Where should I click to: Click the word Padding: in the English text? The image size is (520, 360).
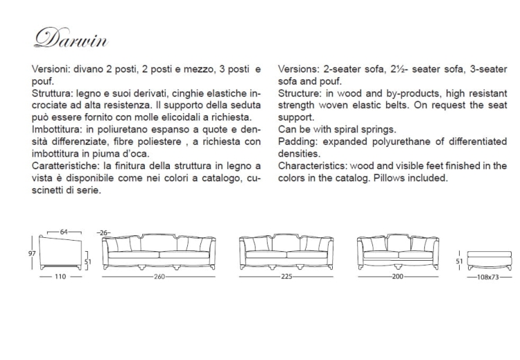click(299, 142)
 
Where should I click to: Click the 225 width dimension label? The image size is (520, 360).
click(287, 276)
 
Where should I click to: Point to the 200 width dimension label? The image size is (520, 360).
click(397, 276)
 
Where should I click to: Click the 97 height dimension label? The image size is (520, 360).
click(32, 253)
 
